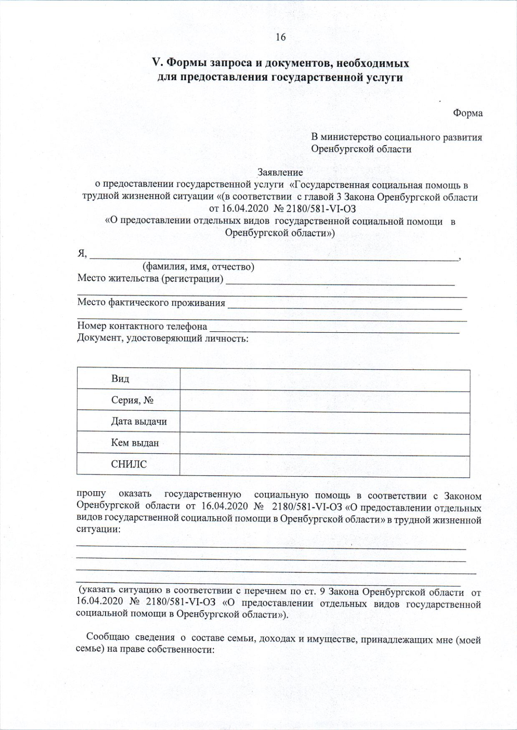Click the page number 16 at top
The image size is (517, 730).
280,37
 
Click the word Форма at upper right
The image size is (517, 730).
467,113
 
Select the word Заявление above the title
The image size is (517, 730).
280,172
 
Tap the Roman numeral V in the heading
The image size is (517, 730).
156,63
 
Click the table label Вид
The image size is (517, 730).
120,379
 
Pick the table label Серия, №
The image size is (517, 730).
132,400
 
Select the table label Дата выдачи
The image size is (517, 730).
139,421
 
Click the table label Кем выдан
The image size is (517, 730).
135,443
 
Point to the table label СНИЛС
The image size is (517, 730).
129,464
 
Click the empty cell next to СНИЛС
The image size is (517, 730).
324,466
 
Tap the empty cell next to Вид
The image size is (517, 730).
324,380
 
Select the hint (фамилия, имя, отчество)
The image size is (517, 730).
198,267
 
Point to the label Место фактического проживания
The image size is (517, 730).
151,303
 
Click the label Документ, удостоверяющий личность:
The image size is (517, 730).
162,338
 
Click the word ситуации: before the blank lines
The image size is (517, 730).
98,529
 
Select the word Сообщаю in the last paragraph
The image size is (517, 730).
107,637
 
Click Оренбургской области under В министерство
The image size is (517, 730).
361,150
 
